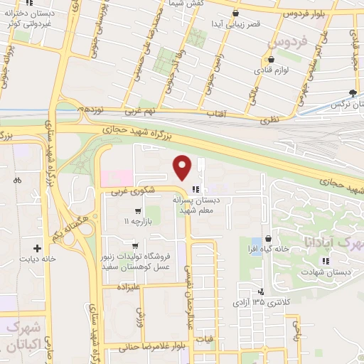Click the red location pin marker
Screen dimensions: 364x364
(183, 167)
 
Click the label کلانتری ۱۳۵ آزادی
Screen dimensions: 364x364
(262, 303)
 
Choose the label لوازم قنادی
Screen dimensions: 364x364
(272, 71)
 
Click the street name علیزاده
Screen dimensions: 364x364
(130, 288)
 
